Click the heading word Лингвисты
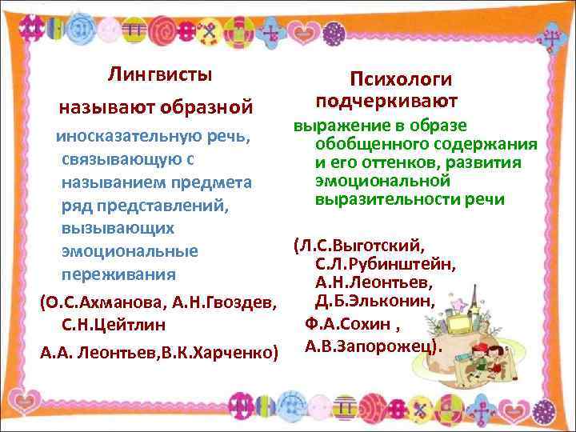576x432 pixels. pyautogui.click(x=161, y=75)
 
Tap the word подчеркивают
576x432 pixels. pyautogui.click(x=387, y=102)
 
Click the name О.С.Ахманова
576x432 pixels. pyautogui.click(x=102, y=303)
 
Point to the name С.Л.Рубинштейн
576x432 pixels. pyautogui.click(x=386, y=264)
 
